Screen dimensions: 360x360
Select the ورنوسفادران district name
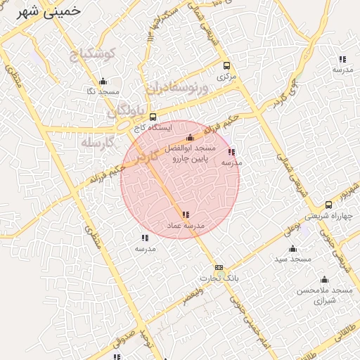point(178,89)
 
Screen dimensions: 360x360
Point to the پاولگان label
point(127,112)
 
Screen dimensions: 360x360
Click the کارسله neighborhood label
point(97,141)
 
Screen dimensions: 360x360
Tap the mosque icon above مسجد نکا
point(103,81)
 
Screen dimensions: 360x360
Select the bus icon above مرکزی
point(226,65)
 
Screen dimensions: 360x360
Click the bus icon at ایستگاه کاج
point(153,117)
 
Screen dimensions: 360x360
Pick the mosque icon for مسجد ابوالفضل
point(190,138)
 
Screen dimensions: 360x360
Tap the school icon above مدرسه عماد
point(185,214)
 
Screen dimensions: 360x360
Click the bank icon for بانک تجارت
point(219,267)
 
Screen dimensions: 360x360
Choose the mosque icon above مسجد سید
point(293,248)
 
